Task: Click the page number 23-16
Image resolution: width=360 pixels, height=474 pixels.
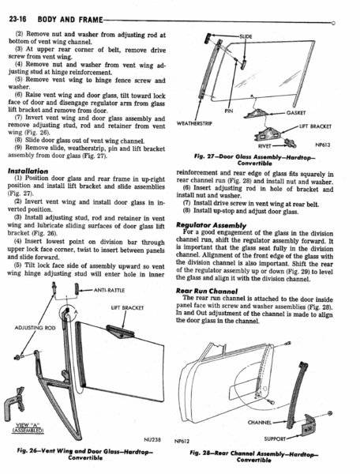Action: click(x=18, y=19)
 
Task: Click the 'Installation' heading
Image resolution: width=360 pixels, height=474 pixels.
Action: click(x=28, y=171)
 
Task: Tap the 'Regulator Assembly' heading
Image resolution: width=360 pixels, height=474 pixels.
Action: click(x=211, y=225)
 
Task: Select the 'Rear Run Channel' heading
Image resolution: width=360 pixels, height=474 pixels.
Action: click(x=207, y=291)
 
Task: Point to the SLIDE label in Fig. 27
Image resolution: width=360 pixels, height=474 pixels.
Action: click(x=246, y=36)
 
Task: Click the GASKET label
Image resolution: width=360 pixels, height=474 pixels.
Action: click(x=296, y=113)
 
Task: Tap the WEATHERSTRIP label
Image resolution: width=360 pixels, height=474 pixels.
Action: click(x=194, y=123)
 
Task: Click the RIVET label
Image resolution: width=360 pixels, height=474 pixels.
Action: click(x=264, y=146)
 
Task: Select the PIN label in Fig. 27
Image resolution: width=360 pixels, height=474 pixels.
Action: click(x=229, y=111)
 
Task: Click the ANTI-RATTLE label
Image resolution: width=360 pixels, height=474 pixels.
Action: click(x=109, y=290)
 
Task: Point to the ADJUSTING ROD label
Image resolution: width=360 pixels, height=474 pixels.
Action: click(x=35, y=328)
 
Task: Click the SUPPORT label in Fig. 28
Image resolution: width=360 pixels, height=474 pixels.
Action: click(x=275, y=438)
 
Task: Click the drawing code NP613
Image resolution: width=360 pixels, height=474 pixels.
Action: click(x=323, y=145)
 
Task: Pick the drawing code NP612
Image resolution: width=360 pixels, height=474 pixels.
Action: click(x=182, y=441)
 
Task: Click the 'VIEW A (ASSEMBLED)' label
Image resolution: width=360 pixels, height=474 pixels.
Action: click(x=28, y=427)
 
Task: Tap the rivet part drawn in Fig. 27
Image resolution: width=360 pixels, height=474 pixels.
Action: click(x=291, y=142)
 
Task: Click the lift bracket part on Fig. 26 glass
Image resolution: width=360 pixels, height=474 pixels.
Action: click(x=120, y=331)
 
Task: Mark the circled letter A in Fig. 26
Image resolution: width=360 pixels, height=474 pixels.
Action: click(x=76, y=311)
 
